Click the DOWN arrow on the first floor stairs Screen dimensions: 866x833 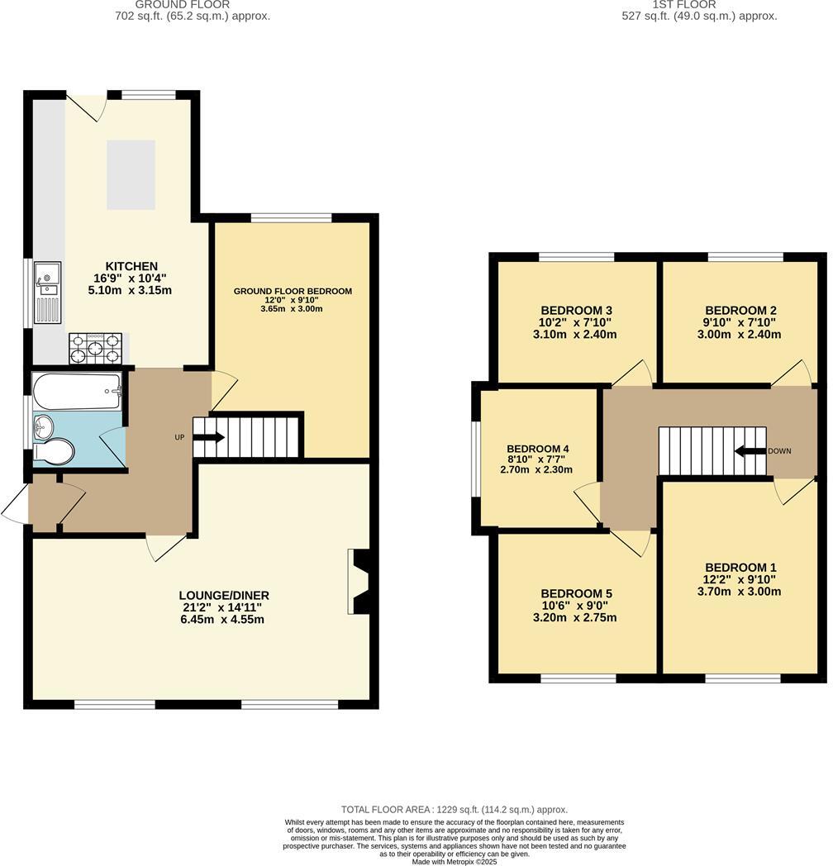[750, 451]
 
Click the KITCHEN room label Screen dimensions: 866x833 [131, 266]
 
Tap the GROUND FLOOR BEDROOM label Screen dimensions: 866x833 [293, 291]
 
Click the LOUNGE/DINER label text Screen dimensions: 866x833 [224, 595]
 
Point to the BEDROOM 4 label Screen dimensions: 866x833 [537, 450]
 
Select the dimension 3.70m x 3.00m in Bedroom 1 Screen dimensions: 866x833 [739, 591]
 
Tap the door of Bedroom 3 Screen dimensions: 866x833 [633, 374]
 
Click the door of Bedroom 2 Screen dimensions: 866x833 [792, 374]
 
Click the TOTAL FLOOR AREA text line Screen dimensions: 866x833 [454, 810]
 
